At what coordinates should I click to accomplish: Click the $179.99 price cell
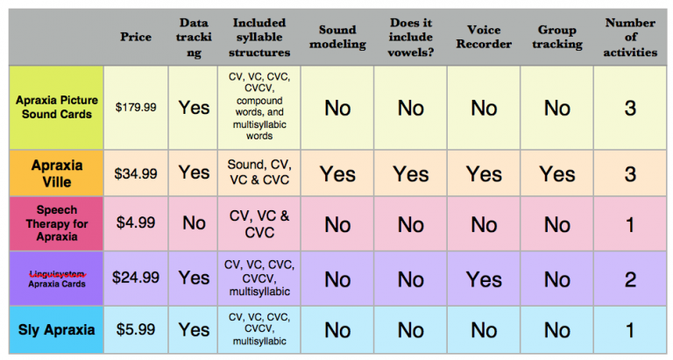(136, 107)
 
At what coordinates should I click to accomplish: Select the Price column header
(136, 38)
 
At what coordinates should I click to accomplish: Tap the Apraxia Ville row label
(57, 173)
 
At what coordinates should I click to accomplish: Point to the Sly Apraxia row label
(57, 330)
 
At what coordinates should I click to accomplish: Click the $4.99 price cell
(136, 223)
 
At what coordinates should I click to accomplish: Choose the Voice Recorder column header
(483, 38)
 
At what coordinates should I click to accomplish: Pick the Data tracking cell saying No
(194, 223)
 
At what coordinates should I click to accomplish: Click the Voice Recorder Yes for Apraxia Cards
(483, 279)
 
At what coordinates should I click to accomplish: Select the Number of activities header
(630, 38)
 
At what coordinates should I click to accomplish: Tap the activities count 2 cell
(630, 279)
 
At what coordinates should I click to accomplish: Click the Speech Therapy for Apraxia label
(57, 223)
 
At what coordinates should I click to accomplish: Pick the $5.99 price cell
(136, 330)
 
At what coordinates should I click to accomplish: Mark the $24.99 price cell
(136, 278)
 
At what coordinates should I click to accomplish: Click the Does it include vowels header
(410, 38)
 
